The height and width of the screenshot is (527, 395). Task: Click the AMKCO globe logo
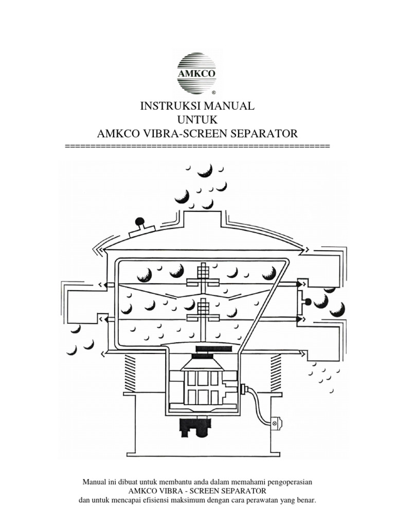[x=197, y=73]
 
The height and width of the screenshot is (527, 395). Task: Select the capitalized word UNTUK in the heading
[x=197, y=120]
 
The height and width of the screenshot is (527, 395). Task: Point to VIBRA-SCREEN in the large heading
[x=190, y=134]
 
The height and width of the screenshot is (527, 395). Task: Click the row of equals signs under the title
[x=197, y=147]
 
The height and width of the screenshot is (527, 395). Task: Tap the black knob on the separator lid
[x=138, y=223]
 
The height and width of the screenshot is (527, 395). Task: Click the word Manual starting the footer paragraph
[x=94, y=482]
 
